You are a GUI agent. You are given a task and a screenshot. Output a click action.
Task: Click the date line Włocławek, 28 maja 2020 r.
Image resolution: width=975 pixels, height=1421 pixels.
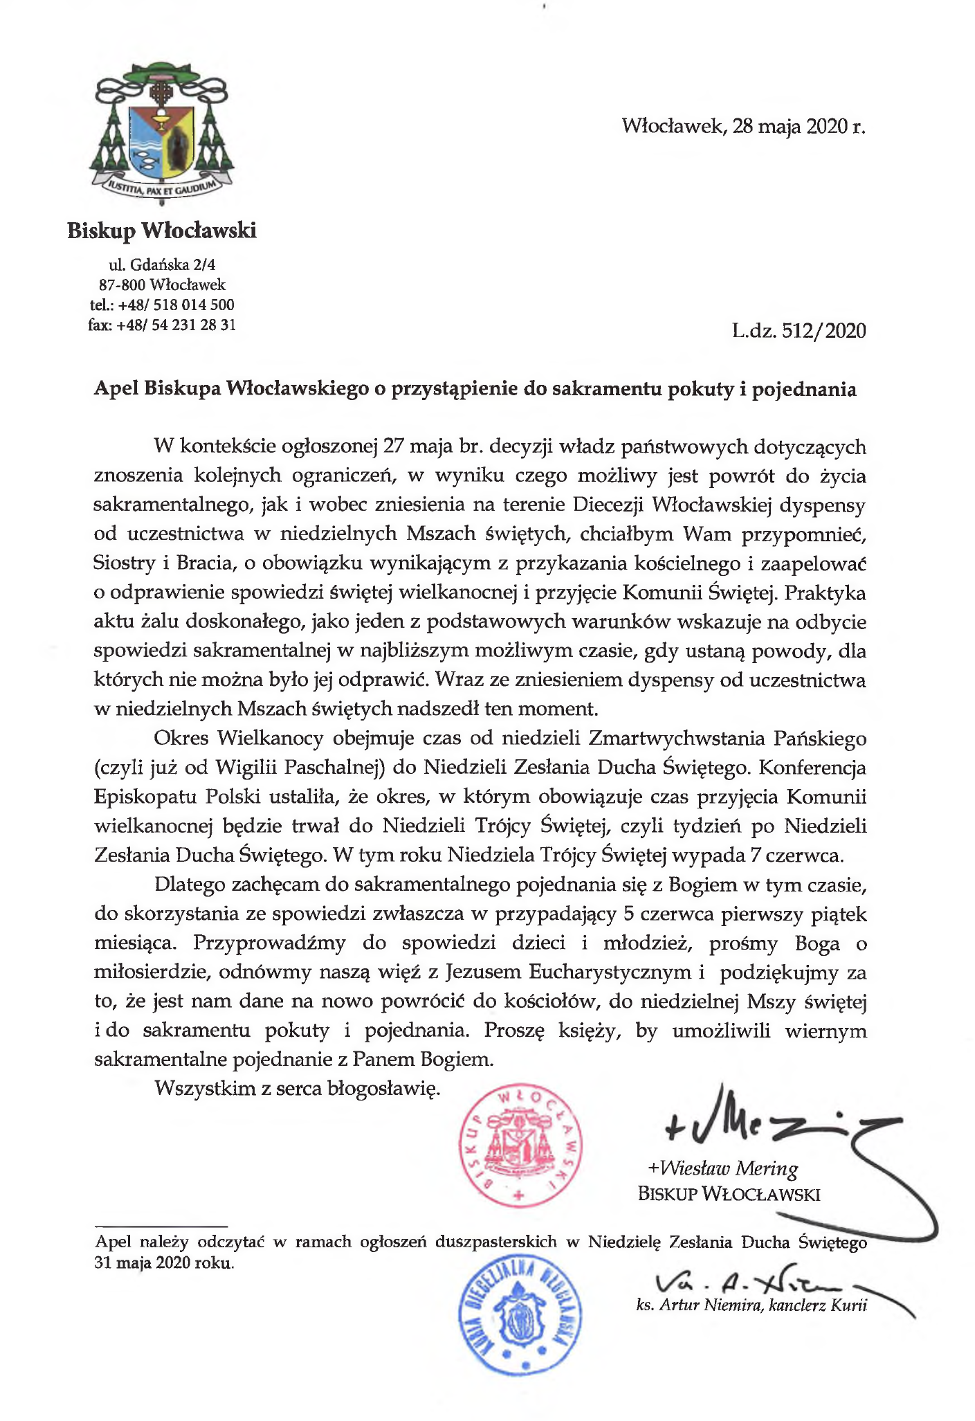(744, 127)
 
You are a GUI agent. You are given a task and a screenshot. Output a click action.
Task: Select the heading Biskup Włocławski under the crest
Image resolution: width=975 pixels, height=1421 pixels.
(162, 230)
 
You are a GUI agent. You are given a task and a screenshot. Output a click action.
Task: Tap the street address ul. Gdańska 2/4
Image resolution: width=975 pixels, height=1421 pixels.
(162, 264)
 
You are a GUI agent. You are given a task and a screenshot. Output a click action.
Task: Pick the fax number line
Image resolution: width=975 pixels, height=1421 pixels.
(162, 324)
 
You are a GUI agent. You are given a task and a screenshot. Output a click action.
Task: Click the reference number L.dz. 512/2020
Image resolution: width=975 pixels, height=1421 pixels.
(799, 331)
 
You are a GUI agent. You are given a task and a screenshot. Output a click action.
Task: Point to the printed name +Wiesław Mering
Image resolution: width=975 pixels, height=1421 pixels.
(722, 1169)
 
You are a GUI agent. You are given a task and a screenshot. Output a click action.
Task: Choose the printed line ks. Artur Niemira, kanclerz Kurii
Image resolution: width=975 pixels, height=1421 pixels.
(751, 1305)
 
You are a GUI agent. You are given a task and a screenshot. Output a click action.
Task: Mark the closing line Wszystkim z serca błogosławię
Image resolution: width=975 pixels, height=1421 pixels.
(298, 1089)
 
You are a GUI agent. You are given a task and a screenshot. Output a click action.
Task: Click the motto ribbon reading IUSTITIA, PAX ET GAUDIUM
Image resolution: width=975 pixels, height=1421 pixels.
(162, 186)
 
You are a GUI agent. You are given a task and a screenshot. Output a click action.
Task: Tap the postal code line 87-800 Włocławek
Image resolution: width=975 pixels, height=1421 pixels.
(162, 284)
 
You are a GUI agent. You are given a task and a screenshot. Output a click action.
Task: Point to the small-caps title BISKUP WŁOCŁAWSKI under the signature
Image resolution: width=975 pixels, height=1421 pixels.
(729, 1194)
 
